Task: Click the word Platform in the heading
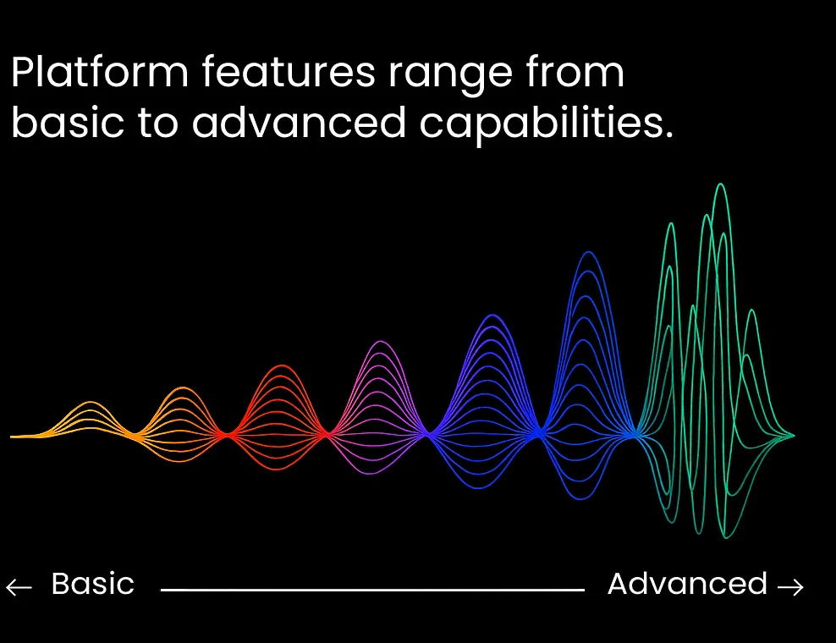(x=100, y=71)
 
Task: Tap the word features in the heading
(x=289, y=71)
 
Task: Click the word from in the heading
(x=575, y=71)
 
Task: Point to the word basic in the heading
(x=68, y=122)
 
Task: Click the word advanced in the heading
(x=299, y=122)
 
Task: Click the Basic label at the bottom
(x=93, y=584)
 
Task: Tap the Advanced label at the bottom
(x=687, y=584)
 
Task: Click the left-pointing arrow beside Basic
(x=19, y=587)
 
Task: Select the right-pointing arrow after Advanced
(x=790, y=587)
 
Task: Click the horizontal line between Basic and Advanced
(x=372, y=590)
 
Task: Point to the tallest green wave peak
(x=721, y=184)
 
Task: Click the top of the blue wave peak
(x=589, y=253)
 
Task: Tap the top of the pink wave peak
(x=380, y=342)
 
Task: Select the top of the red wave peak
(x=281, y=366)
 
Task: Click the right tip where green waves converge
(x=794, y=436)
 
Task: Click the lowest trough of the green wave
(x=725, y=536)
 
